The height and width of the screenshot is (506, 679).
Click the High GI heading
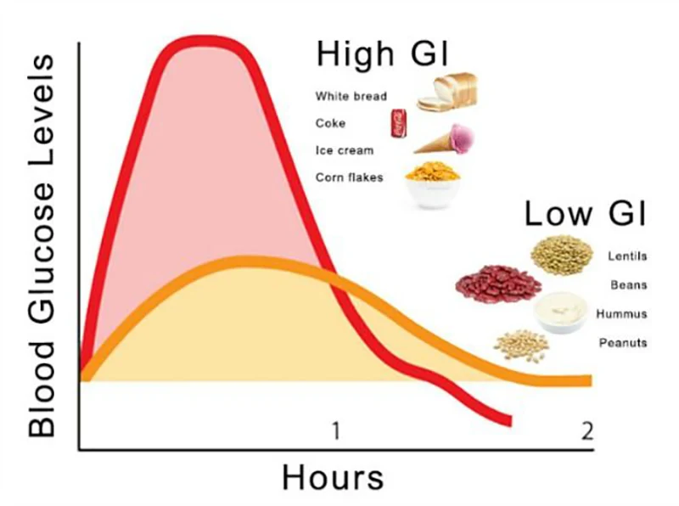[x=382, y=53]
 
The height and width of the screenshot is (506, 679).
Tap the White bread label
[x=351, y=96]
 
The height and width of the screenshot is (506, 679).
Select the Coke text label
[x=330, y=123]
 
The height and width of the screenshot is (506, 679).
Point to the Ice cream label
[x=344, y=150]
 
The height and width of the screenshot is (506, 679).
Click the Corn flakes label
[x=349, y=177]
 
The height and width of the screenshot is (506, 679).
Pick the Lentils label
[x=626, y=256]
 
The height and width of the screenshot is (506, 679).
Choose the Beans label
[x=629, y=285]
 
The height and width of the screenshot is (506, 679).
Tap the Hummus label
[x=621, y=314]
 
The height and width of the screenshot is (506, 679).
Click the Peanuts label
[x=623, y=343]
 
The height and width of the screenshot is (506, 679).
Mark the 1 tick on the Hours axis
[x=335, y=430]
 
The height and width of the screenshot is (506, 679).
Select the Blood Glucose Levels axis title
[x=41, y=246]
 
